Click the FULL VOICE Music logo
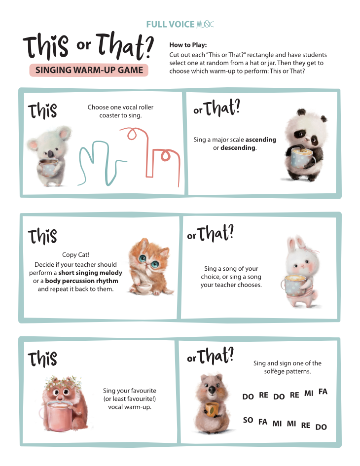coord(180,24)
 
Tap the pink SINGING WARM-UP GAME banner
coord(89,70)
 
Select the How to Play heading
coord(188,45)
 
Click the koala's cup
coord(48,167)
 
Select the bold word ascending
coord(261,140)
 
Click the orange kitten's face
coord(148,258)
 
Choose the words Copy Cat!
coord(75,254)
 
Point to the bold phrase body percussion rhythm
coord(82,281)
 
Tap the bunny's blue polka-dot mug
coord(294,286)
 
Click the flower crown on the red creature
coord(63,382)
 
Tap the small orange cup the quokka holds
coord(212,409)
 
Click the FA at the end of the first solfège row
coord(323,392)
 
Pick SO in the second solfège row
coord(248,420)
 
